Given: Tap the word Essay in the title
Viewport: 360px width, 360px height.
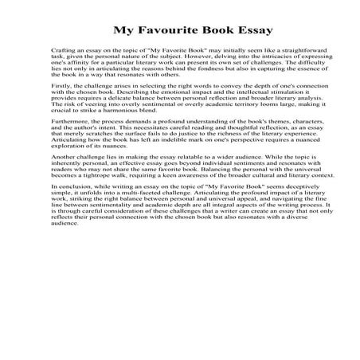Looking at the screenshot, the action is pos(252,31).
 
